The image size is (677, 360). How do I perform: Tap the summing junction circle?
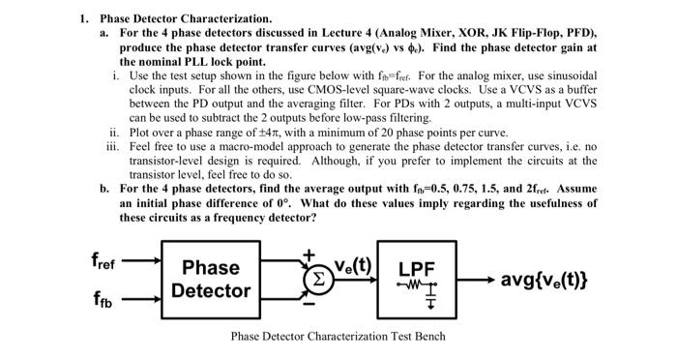tap(317, 277)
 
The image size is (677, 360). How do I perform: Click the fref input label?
tap(103, 259)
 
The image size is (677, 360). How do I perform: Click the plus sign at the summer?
tap(309, 255)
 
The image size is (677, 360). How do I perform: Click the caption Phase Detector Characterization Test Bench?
tap(338, 337)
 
